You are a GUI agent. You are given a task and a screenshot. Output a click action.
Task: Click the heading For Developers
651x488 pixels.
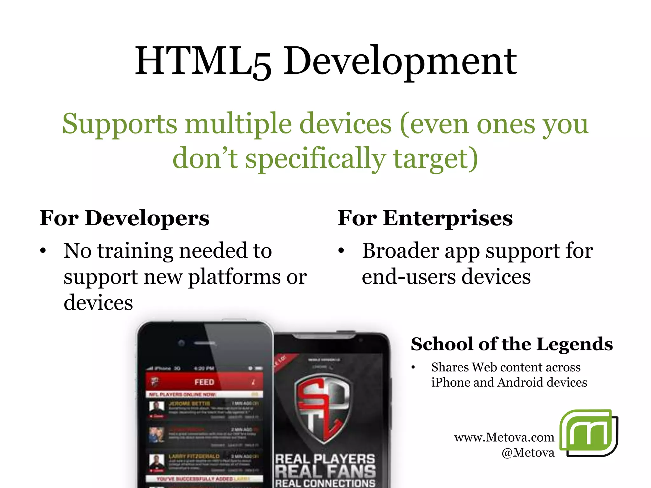(x=124, y=219)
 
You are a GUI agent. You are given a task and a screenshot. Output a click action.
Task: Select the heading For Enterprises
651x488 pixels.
(x=425, y=219)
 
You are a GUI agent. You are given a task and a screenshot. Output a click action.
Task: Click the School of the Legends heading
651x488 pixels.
(x=511, y=344)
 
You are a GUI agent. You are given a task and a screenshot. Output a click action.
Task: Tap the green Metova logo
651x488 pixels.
(x=588, y=433)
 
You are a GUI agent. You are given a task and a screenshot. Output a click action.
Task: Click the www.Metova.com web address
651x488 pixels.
(x=504, y=437)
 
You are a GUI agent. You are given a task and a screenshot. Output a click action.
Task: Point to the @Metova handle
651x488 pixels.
(x=528, y=452)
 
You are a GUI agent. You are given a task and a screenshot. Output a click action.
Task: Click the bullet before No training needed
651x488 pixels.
(x=43, y=251)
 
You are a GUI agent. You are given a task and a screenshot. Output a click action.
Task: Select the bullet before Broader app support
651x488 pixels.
(x=341, y=251)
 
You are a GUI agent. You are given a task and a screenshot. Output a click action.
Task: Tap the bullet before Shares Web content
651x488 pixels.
(x=413, y=368)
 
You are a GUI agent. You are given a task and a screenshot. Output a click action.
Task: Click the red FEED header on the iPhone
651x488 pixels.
(x=204, y=382)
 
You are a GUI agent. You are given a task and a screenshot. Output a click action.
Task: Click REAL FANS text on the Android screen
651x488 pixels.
(x=325, y=471)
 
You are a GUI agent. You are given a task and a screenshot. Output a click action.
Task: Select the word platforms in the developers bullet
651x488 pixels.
(x=235, y=277)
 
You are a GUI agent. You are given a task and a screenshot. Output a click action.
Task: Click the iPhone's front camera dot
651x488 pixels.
(x=182, y=343)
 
